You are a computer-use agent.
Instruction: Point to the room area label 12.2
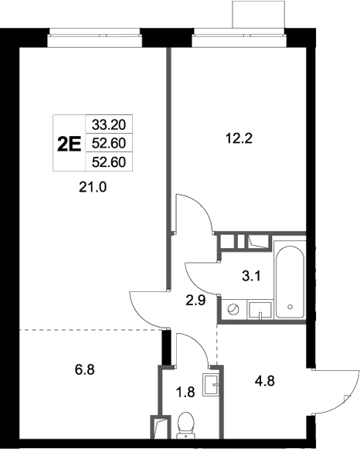tap(239, 140)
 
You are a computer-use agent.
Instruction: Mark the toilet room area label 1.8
tap(186, 392)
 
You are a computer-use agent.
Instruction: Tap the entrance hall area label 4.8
tap(265, 380)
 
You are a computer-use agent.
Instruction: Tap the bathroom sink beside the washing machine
tap(262, 311)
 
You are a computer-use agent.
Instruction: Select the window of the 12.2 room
tap(232, 33)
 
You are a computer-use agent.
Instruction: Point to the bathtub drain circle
tap(290, 307)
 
